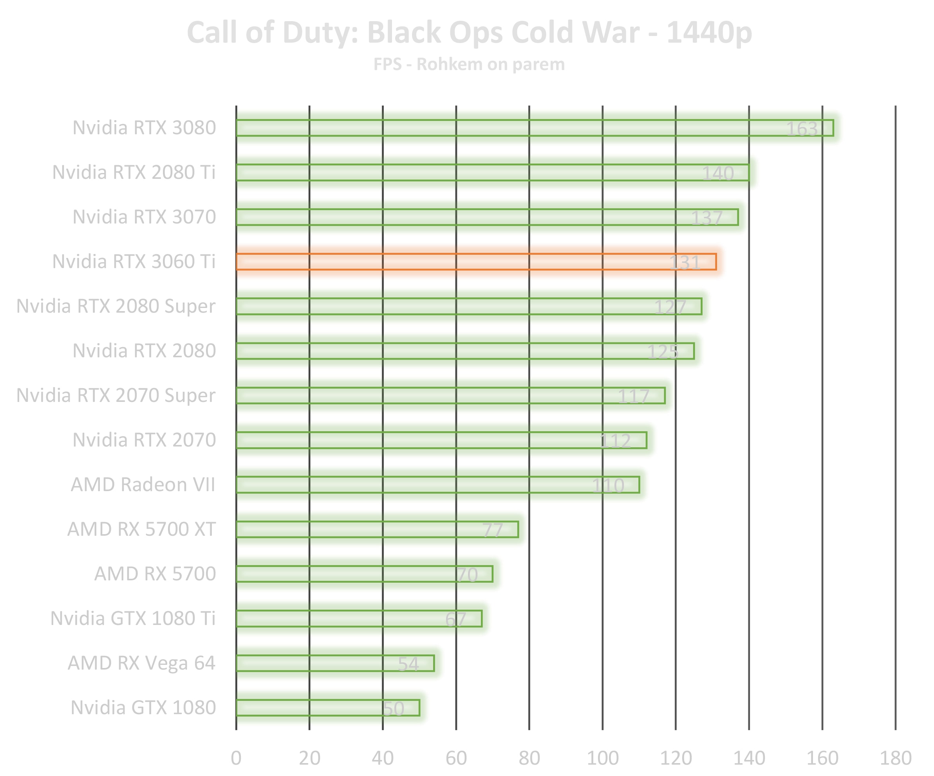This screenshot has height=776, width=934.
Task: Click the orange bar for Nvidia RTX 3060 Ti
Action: point(476,262)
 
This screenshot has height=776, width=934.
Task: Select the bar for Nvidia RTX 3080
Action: point(534,128)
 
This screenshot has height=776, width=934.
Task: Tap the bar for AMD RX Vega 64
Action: point(335,663)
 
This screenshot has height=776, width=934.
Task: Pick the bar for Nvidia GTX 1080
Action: point(328,708)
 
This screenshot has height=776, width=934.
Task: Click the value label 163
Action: point(802,129)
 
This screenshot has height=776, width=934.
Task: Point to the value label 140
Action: point(718,173)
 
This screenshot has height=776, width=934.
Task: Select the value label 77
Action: point(493,530)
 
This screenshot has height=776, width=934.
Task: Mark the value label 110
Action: point(608,485)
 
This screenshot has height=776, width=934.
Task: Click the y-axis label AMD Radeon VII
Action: point(143,484)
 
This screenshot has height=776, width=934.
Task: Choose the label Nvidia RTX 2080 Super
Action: point(116,306)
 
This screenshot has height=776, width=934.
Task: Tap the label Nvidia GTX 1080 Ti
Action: point(133,618)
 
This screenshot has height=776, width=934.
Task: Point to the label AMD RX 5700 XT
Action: point(141,529)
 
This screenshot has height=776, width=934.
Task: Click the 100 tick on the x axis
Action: point(603,758)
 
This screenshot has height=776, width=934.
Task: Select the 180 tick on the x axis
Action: point(896,758)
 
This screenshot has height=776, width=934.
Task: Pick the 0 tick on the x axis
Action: point(236,758)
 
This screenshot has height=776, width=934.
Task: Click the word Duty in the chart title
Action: point(320,33)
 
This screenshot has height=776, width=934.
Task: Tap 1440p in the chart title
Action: point(709,33)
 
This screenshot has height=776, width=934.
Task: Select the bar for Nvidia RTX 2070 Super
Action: point(450,396)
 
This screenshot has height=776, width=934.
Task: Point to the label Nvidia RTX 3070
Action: point(144,217)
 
